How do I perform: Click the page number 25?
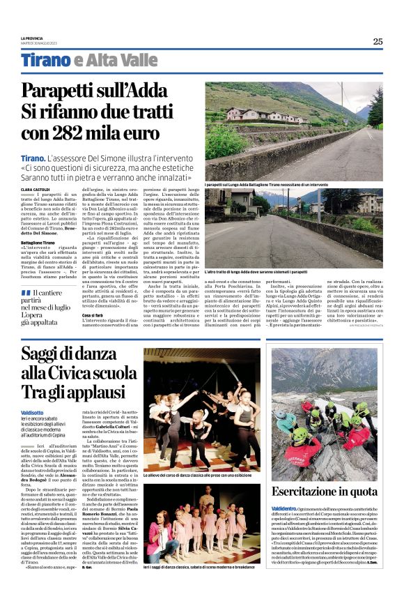click(377, 41)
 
